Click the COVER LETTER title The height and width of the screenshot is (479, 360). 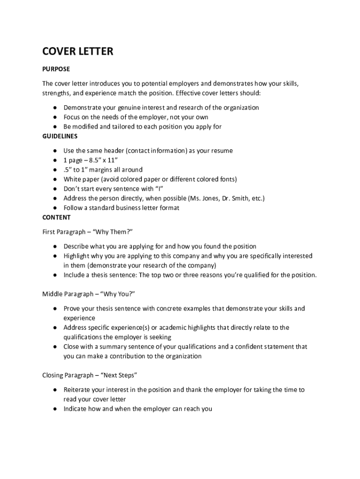(78, 51)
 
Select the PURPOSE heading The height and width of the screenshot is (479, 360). (56, 69)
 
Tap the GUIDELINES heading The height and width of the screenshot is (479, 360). (60, 136)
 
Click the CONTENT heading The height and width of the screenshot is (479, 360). (57, 217)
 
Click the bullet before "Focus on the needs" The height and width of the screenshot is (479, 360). (55, 117)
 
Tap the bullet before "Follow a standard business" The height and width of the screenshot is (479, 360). (55, 208)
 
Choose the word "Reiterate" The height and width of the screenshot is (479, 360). (78, 389)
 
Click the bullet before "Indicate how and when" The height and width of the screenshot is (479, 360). (55, 408)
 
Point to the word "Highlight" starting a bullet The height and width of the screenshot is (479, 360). (78, 256)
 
